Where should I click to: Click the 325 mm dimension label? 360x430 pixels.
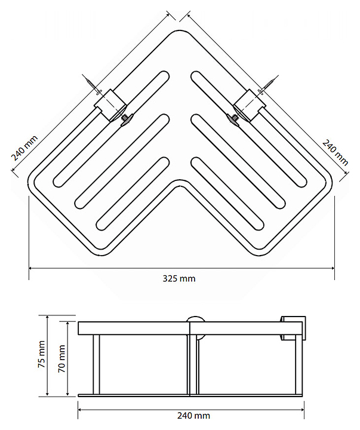pos(179,279)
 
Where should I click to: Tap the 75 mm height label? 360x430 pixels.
pos(41,354)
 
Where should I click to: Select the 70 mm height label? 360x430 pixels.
pos(61,358)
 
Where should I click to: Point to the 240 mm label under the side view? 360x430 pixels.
pos(193,416)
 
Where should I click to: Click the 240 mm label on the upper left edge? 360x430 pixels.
pos(24,148)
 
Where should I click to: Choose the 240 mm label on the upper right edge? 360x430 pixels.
pos(335,152)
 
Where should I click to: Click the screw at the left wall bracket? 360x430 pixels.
pos(93,85)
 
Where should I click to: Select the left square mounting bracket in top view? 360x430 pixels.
pos(110,105)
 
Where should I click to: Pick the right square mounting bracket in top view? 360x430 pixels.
pos(250,105)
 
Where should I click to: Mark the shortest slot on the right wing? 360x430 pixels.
pos(227,194)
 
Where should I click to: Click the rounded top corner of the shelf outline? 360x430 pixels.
pos(180,30)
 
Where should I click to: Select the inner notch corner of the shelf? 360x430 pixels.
pos(180,181)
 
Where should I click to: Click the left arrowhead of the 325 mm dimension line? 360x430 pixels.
pos(31,268)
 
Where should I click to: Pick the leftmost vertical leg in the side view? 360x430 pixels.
pos(96,364)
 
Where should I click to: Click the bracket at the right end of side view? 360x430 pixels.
pos(293,328)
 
